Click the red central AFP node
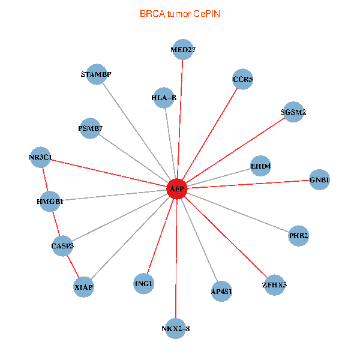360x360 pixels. coord(176,189)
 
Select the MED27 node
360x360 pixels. coord(183,50)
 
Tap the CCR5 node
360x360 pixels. coord(242,79)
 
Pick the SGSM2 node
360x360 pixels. coord(293,112)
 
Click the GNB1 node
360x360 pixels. coord(319,180)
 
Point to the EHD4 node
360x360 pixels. coord(260,166)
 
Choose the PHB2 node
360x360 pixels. coord(298,236)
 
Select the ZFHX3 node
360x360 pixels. coord(274,284)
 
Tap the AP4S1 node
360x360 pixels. coord(221,291)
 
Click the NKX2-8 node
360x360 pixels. coord(175,328)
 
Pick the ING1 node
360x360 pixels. coord(144,283)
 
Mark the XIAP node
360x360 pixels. coord(84,287)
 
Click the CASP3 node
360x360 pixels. coord(62,245)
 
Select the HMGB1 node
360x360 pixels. coord(50,202)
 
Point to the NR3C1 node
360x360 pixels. coord(41,158)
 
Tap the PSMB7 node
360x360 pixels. coord(90,128)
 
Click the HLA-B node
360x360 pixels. coord(164,97)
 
